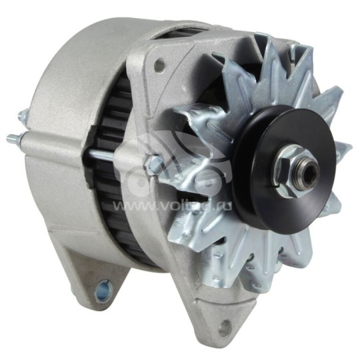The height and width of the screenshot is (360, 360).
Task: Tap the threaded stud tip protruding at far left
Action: click(x=11, y=140)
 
